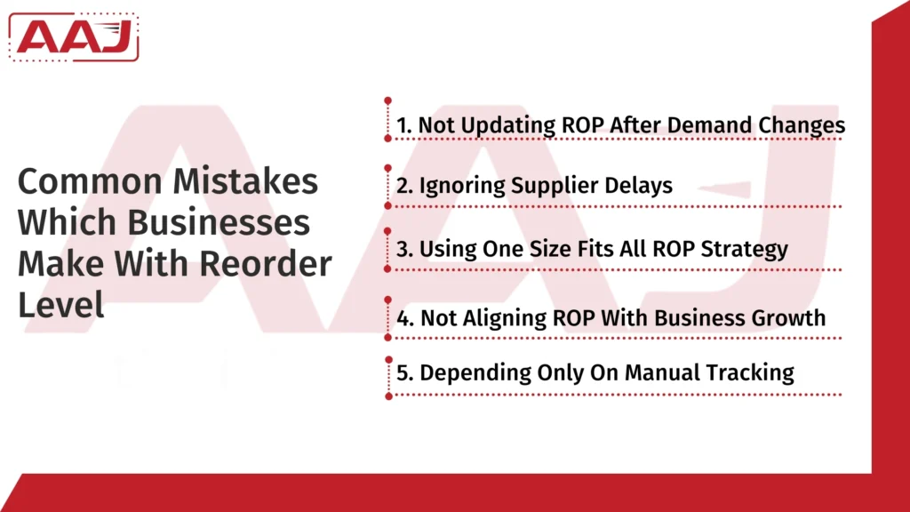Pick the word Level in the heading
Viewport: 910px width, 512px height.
[60, 304]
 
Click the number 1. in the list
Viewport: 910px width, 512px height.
[404, 125]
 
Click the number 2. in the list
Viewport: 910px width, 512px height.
[405, 186]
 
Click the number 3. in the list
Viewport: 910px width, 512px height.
[405, 248]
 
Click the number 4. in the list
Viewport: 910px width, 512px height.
[405, 317]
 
